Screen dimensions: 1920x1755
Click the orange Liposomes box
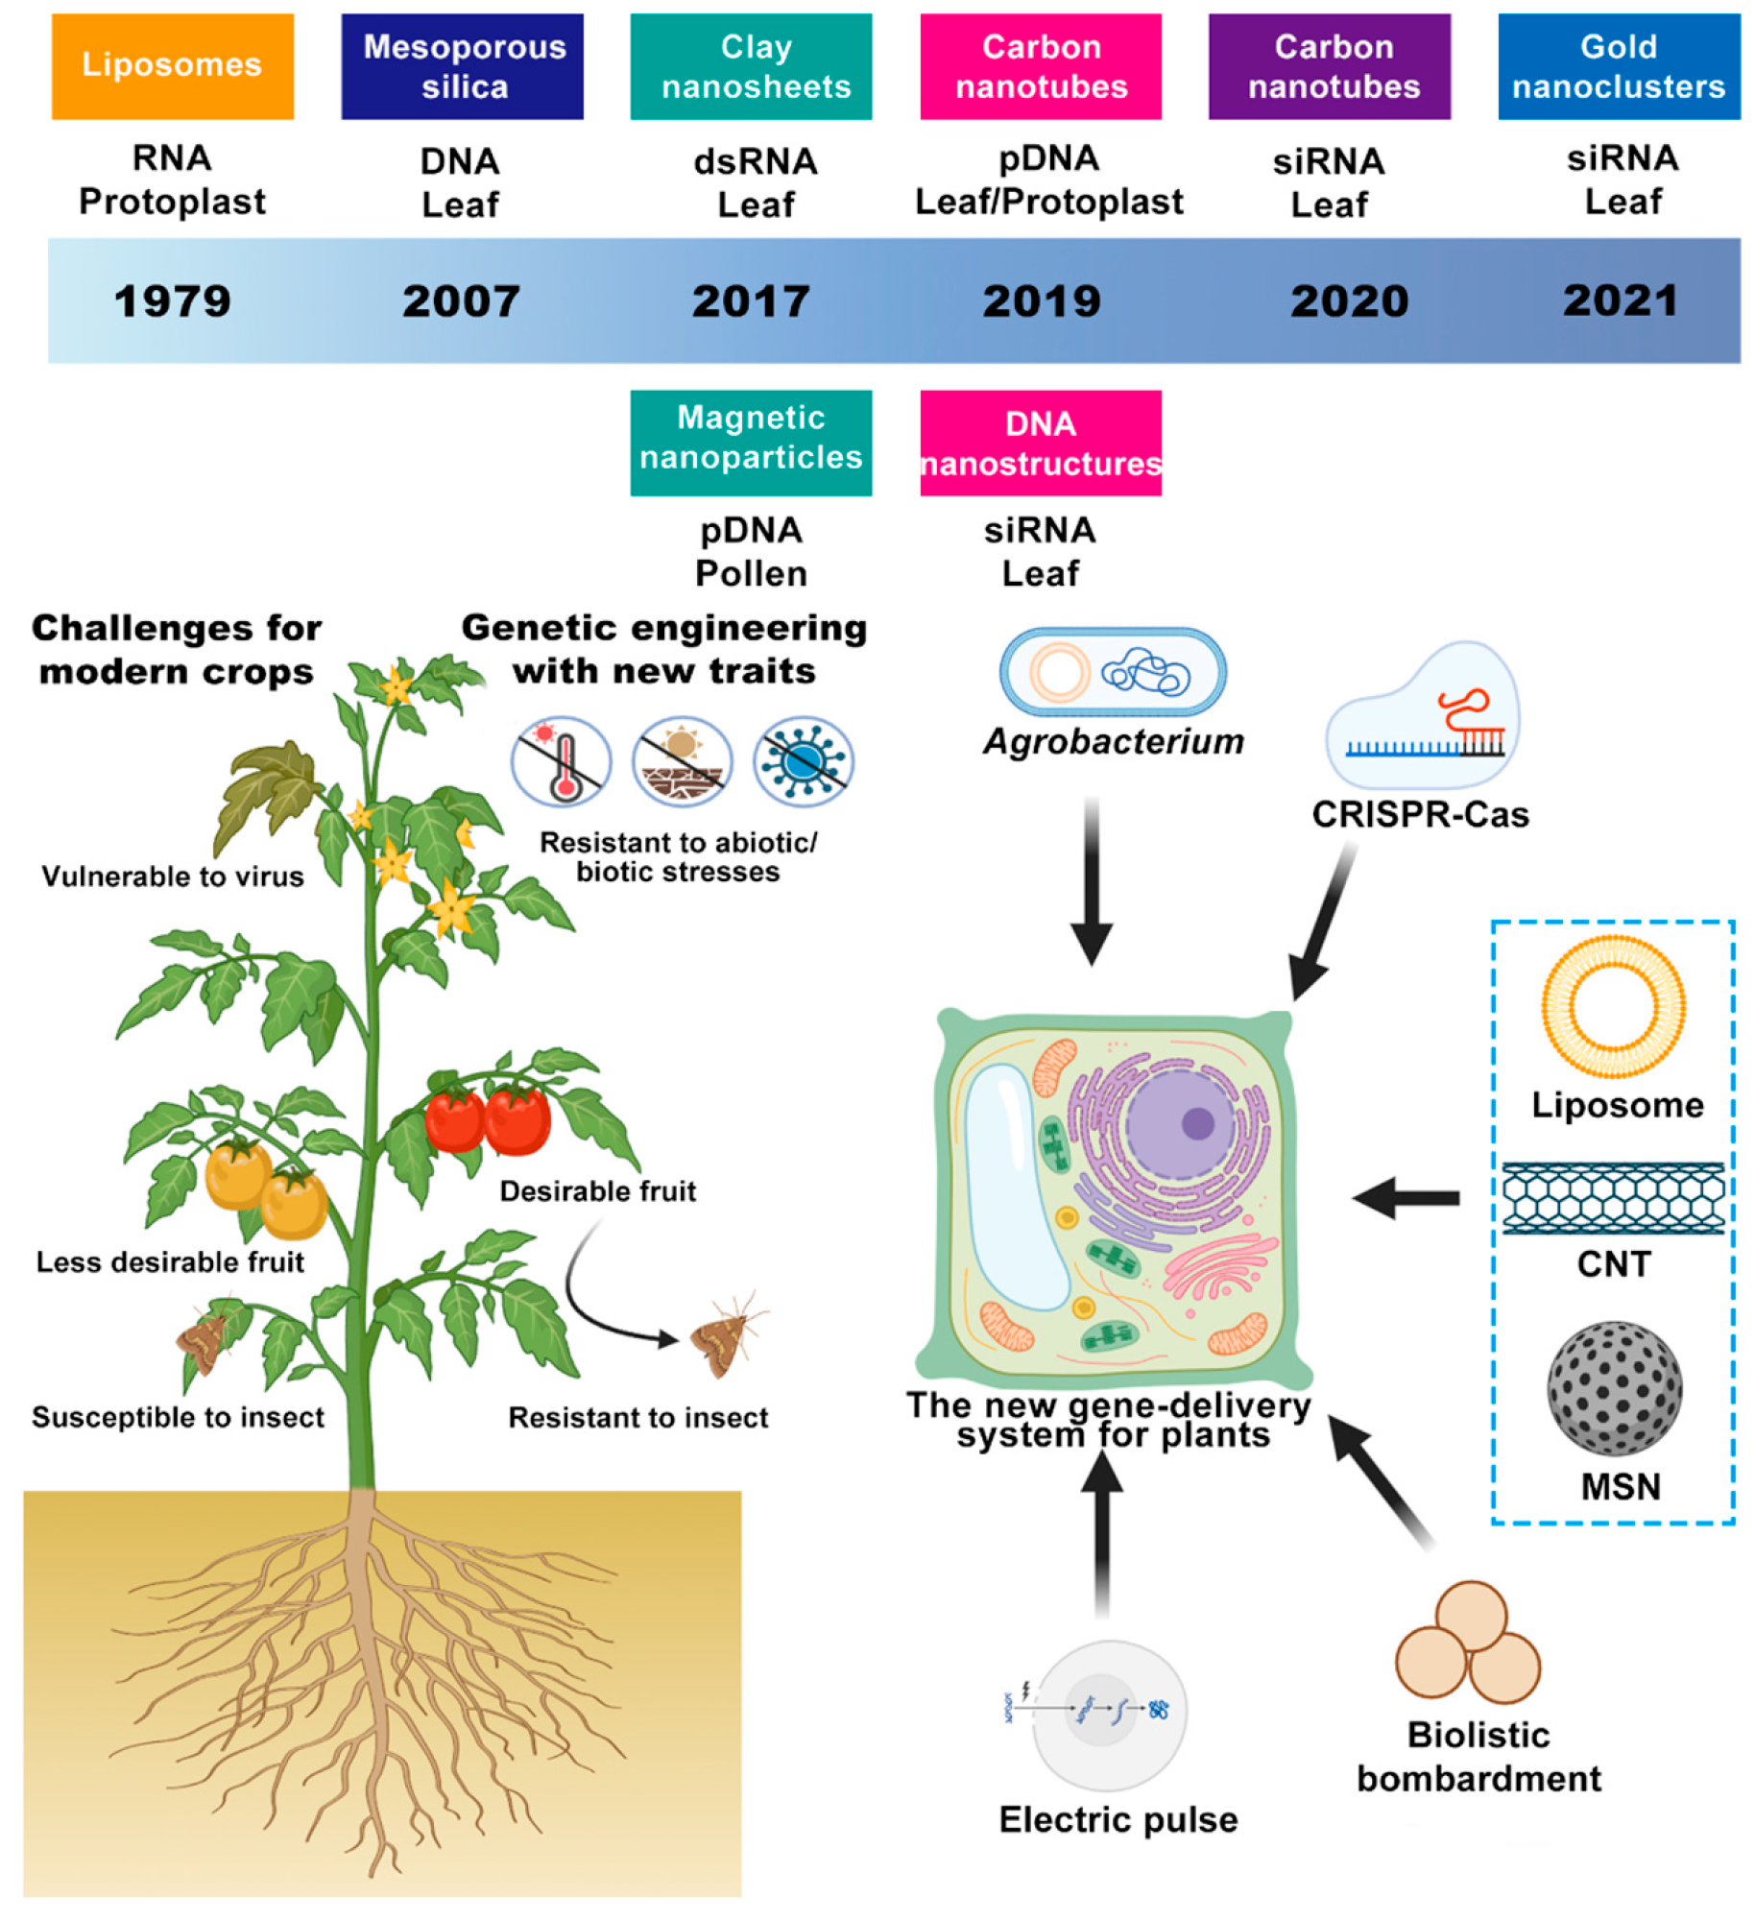coord(172,66)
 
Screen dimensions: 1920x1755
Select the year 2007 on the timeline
coord(461,301)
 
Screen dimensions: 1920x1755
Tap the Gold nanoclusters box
coord(1618,66)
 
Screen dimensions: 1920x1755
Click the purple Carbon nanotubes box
coord(1329,66)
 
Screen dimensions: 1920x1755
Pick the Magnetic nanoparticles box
coord(751,443)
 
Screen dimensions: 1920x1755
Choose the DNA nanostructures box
coord(1040,443)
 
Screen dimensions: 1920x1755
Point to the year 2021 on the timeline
coord(1620,300)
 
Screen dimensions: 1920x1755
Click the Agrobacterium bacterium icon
coord(1112,672)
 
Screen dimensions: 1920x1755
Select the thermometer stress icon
coord(562,761)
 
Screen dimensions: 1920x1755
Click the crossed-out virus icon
coord(803,761)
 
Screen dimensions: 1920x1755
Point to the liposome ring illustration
coord(1613,1006)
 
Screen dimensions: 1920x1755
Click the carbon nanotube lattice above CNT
coord(1613,1197)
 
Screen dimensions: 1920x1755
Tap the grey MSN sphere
coord(1614,1387)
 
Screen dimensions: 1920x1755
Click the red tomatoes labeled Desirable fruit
coord(488,1118)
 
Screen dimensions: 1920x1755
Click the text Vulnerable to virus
coord(173,876)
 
